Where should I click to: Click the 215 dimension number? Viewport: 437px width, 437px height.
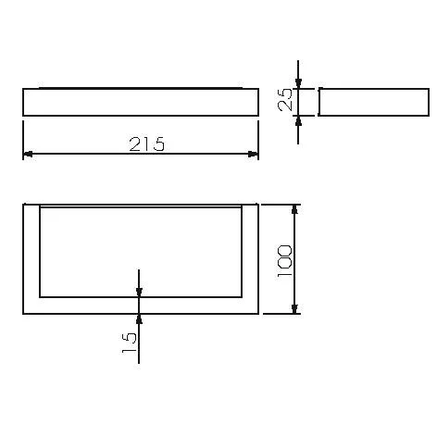pyautogui.click(x=147, y=144)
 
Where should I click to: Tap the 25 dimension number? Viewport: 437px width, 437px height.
pyautogui.click(x=285, y=99)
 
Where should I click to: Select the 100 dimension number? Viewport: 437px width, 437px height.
pyautogui.click(x=284, y=261)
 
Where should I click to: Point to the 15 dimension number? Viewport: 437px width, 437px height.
pyautogui.click(x=129, y=343)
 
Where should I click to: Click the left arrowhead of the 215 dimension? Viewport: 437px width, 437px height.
pyautogui.click(x=28, y=154)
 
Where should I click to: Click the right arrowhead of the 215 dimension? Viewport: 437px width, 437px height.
pyautogui.click(x=254, y=154)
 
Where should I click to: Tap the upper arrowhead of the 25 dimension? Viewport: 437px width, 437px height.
pyautogui.click(x=298, y=83)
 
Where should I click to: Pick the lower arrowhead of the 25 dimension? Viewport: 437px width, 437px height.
pyautogui.click(x=298, y=121)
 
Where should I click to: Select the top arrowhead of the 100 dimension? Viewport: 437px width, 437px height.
pyautogui.click(x=294, y=209)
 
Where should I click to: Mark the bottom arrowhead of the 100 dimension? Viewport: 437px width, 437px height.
pyautogui.click(x=294, y=309)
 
